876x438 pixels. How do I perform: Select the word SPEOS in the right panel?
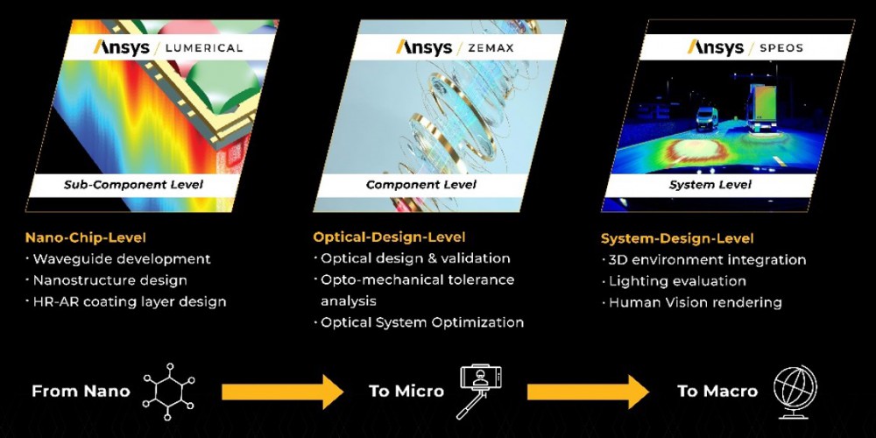pos(781,47)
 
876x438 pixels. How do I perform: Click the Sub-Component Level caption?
pos(133,184)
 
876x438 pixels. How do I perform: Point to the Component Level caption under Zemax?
pos(421,184)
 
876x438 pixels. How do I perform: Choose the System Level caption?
pos(710,184)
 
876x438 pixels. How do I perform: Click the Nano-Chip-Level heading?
pos(86,237)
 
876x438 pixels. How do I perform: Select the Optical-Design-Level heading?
pos(389,237)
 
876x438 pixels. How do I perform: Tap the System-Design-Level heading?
pos(677,238)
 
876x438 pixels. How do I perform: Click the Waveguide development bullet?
pos(118,259)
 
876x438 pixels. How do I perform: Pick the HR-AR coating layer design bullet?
pos(126,302)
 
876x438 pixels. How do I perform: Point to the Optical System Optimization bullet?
pos(419,322)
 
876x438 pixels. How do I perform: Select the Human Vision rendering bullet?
pos(692,303)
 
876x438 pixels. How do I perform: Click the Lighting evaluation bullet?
pos(674,281)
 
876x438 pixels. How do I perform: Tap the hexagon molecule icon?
pos(168,391)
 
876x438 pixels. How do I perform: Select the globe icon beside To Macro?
pos(795,392)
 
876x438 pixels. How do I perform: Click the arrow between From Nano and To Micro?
pos(283,392)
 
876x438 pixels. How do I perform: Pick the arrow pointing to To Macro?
pos(588,392)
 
